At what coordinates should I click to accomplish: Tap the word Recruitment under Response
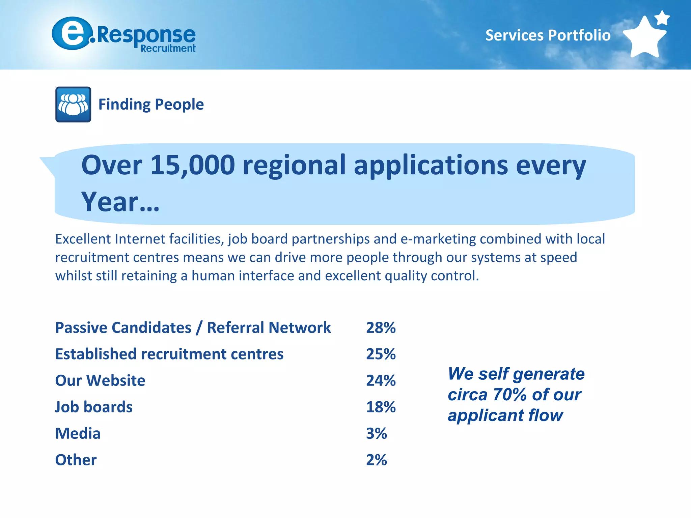click(168, 49)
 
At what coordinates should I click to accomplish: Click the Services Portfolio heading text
click(548, 35)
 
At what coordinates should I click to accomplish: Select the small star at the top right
click(662, 18)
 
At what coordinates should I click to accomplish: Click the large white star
click(644, 38)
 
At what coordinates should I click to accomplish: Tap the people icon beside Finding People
click(73, 105)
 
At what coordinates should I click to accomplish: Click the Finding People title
click(151, 105)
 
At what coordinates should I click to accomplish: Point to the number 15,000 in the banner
click(192, 165)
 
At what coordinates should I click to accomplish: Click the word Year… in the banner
click(120, 202)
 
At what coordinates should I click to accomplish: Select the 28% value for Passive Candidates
click(381, 328)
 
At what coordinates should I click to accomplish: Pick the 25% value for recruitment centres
click(381, 354)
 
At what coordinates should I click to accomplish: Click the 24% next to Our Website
click(381, 381)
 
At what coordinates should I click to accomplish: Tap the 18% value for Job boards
click(381, 407)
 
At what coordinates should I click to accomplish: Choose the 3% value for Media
click(376, 434)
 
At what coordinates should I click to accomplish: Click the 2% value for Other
click(376, 460)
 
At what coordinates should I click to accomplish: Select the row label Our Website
click(100, 381)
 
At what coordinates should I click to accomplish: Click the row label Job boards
click(94, 407)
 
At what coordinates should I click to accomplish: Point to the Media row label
click(78, 434)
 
